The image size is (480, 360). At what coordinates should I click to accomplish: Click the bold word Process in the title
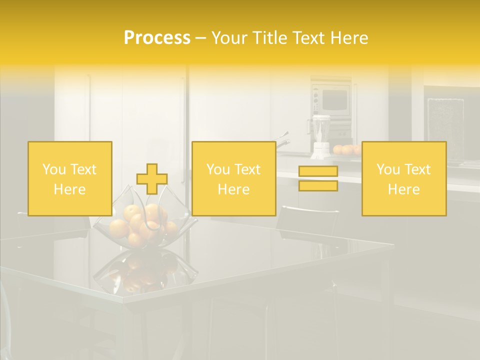(157, 38)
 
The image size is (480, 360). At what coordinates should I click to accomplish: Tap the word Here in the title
(348, 38)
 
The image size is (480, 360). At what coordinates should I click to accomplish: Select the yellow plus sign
(152, 179)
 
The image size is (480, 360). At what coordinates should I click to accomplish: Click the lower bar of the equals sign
(318, 186)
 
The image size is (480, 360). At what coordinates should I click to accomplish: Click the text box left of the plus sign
(70, 179)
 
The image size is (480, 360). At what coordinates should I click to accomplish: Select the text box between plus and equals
(233, 179)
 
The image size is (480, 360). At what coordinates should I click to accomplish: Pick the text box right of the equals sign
(404, 179)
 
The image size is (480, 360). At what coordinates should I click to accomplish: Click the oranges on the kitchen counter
(346, 149)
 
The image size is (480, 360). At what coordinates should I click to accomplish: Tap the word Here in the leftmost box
(69, 189)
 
